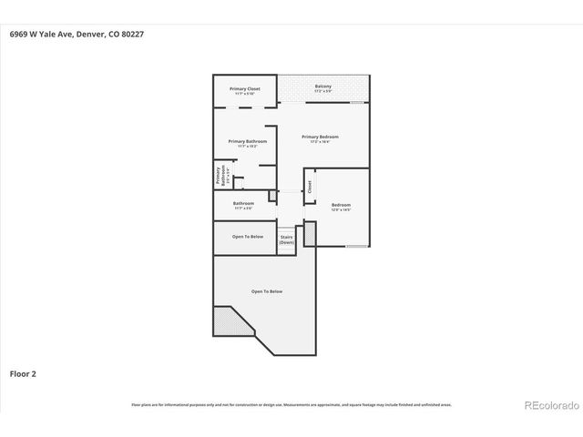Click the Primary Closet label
[245, 90]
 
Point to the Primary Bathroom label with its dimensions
[247, 143]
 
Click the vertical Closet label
[310, 187]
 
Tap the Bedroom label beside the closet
[341, 207]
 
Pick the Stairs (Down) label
[287, 240]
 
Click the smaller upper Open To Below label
[247, 237]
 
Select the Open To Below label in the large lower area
[267, 291]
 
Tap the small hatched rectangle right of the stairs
[310, 234]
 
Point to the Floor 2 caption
[23, 373]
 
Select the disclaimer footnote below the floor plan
[291, 404]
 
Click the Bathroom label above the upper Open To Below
[243, 205]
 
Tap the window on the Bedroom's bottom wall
[357, 247]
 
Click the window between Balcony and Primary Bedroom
[359, 103]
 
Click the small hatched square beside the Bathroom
[271, 195]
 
